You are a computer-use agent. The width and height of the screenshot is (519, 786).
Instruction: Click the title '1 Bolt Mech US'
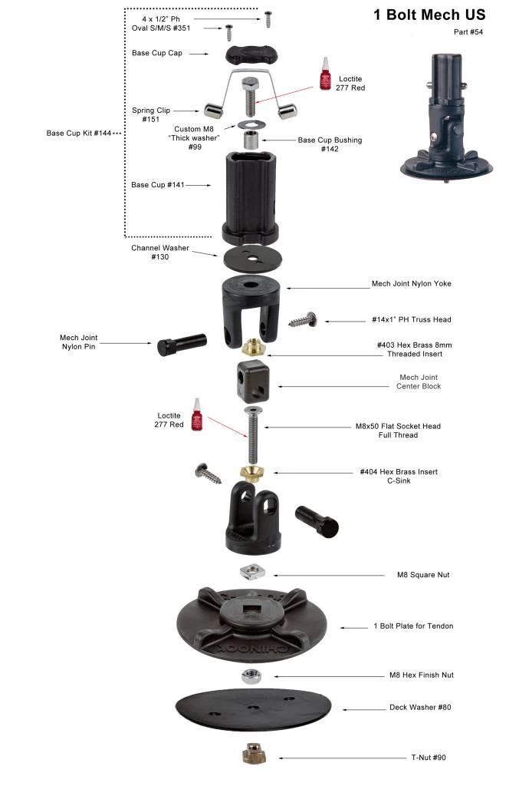(x=429, y=15)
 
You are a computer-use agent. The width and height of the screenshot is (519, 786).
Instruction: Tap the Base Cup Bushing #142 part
(x=251, y=140)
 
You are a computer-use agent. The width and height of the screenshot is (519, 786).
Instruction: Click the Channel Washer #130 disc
(x=252, y=258)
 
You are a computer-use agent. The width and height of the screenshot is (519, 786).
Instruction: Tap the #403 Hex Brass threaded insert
(x=252, y=348)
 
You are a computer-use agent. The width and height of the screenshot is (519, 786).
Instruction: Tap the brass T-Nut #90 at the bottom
(x=252, y=754)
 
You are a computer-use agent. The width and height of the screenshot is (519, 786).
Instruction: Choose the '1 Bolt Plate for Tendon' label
(x=412, y=626)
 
